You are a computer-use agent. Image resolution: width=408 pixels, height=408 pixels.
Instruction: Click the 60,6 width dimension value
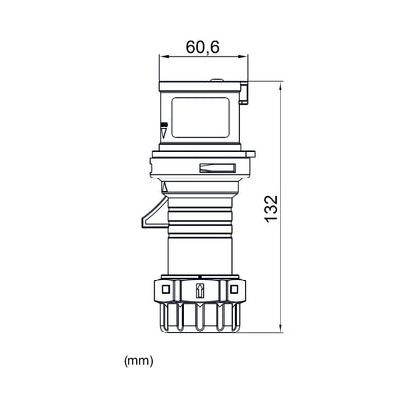[x=202, y=47]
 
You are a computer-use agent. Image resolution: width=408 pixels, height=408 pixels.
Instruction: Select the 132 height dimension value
[x=271, y=209]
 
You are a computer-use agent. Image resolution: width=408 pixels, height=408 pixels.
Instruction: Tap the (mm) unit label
[x=138, y=361]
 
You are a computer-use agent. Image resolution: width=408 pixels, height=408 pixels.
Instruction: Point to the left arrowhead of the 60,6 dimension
[x=163, y=57]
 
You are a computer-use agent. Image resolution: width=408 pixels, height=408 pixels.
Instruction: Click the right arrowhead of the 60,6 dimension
[x=244, y=57]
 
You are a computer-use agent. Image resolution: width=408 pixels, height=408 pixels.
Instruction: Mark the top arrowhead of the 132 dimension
[x=280, y=87]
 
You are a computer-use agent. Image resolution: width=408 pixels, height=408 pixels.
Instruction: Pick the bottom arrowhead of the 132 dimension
[x=280, y=329]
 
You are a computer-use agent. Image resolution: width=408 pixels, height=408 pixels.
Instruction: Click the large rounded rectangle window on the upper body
[x=200, y=118]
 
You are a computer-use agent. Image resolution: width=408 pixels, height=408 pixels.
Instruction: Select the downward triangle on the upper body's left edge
[x=164, y=132]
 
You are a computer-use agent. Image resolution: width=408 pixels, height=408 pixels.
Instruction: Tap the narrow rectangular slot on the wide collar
[x=217, y=168]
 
